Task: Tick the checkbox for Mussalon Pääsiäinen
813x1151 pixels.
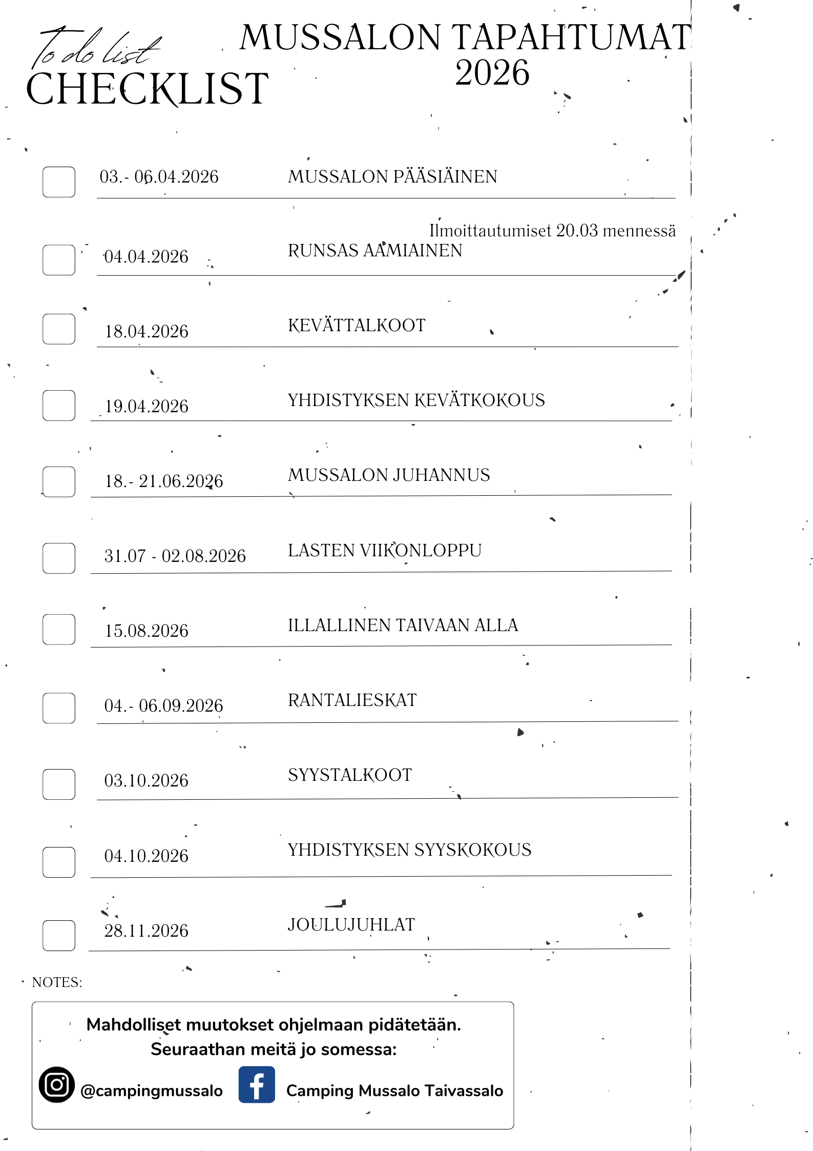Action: [x=59, y=182]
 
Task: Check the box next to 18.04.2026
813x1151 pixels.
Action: [x=59, y=329]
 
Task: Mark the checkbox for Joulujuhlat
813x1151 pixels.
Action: [x=59, y=936]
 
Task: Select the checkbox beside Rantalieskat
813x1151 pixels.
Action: [x=59, y=708]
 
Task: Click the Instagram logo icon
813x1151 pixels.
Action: [x=57, y=1084]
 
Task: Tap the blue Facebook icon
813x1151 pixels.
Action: [x=257, y=1084]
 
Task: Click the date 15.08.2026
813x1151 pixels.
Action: [x=147, y=631]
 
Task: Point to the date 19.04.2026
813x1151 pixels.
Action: [x=147, y=406]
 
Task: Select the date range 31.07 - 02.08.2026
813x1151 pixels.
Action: [x=175, y=556]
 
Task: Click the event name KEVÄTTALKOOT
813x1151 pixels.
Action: [x=357, y=325]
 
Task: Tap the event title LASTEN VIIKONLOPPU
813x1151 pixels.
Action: [x=385, y=550]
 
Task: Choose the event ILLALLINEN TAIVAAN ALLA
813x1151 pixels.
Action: [x=403, y=625]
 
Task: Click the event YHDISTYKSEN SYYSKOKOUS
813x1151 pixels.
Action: [x=409, y=850]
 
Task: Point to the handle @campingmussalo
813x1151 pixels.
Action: [x=152, y=1091]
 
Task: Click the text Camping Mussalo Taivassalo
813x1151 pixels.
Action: [x=394, y=1091]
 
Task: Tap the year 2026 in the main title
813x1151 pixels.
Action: [x=492, y=73]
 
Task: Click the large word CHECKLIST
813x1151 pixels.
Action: [x=148, y=89]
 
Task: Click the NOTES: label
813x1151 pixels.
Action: [x=57, y=982]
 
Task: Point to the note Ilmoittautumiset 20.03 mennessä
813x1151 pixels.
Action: [x=552, y=231]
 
